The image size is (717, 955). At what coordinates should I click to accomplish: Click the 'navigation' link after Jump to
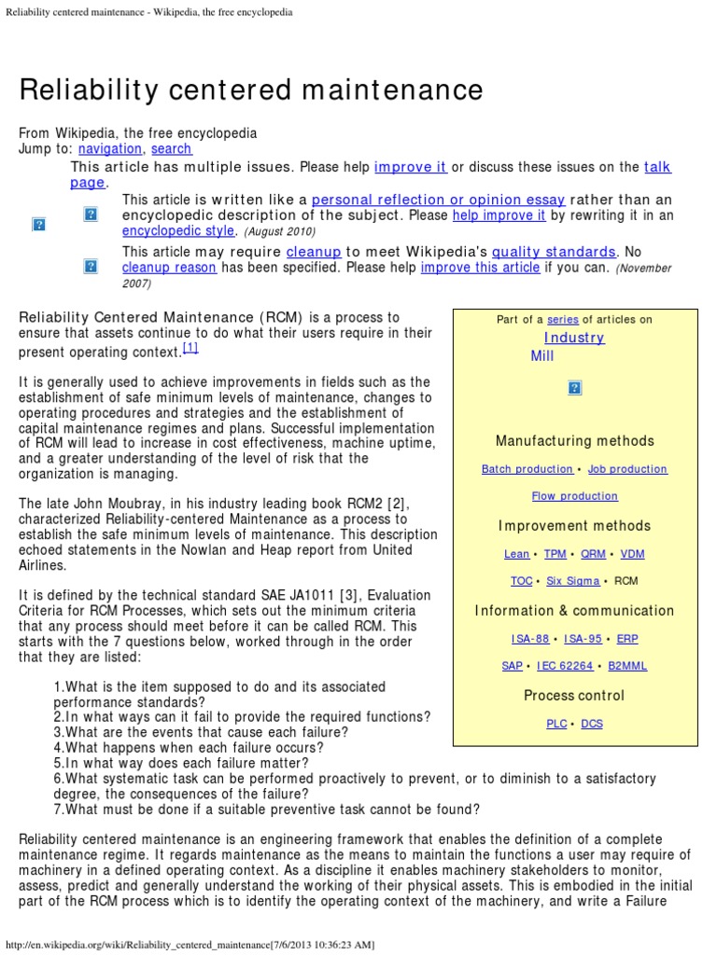click(110, 148)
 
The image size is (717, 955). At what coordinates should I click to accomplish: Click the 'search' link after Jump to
click(171, 148)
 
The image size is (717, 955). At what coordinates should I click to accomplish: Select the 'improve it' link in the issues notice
click(410, 167)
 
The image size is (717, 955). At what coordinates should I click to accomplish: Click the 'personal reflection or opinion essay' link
click(438, 200)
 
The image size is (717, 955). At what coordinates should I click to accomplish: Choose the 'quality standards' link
click(554, 252)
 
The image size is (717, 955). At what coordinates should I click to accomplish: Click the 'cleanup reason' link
click(169, 268)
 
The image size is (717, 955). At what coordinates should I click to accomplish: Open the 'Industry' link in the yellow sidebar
click(574, 338)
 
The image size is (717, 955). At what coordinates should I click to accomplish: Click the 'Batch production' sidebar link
click(527, 469)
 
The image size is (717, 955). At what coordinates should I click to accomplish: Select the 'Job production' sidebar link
click(627, 469)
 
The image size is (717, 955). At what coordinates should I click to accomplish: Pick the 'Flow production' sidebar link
click(574, 496)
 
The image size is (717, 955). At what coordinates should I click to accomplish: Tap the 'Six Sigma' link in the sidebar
click(572, 581)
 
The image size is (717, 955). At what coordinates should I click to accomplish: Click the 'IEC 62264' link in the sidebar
click(565, 666)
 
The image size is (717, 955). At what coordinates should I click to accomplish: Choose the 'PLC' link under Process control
click(556, 724)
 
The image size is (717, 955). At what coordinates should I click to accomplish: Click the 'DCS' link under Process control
click(592, 724)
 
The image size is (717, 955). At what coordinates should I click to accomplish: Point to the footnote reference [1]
click(190, 348)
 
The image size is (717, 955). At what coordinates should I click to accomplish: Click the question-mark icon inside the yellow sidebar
click(574, 388)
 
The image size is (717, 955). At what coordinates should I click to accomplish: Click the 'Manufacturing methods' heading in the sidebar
click(574, 441)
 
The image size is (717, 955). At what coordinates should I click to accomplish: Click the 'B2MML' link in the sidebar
click(626, 666)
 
